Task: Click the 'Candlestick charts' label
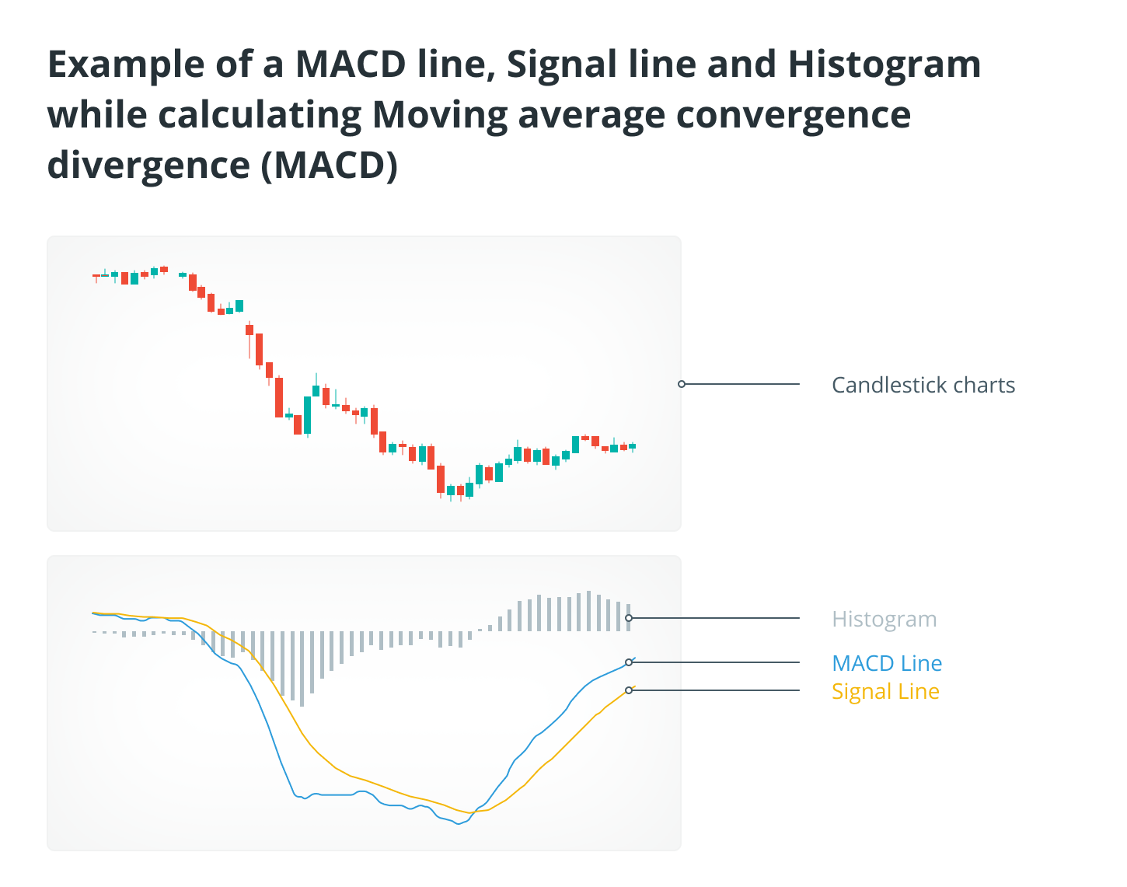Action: (923, 385)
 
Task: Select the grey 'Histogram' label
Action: (884, 619)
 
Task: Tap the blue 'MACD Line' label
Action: (887, 663)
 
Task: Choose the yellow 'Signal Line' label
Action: (885, 691)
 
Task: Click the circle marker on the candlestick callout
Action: (682, 384)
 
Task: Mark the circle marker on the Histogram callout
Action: (629, 618)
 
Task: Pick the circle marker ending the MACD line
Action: (629, 662)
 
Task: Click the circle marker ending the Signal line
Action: (629, 690)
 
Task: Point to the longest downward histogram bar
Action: (302, 669)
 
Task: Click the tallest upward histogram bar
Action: (588, 611)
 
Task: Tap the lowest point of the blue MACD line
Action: (459, 824)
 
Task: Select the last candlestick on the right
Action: (632, 447)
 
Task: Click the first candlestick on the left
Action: (96, 276)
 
